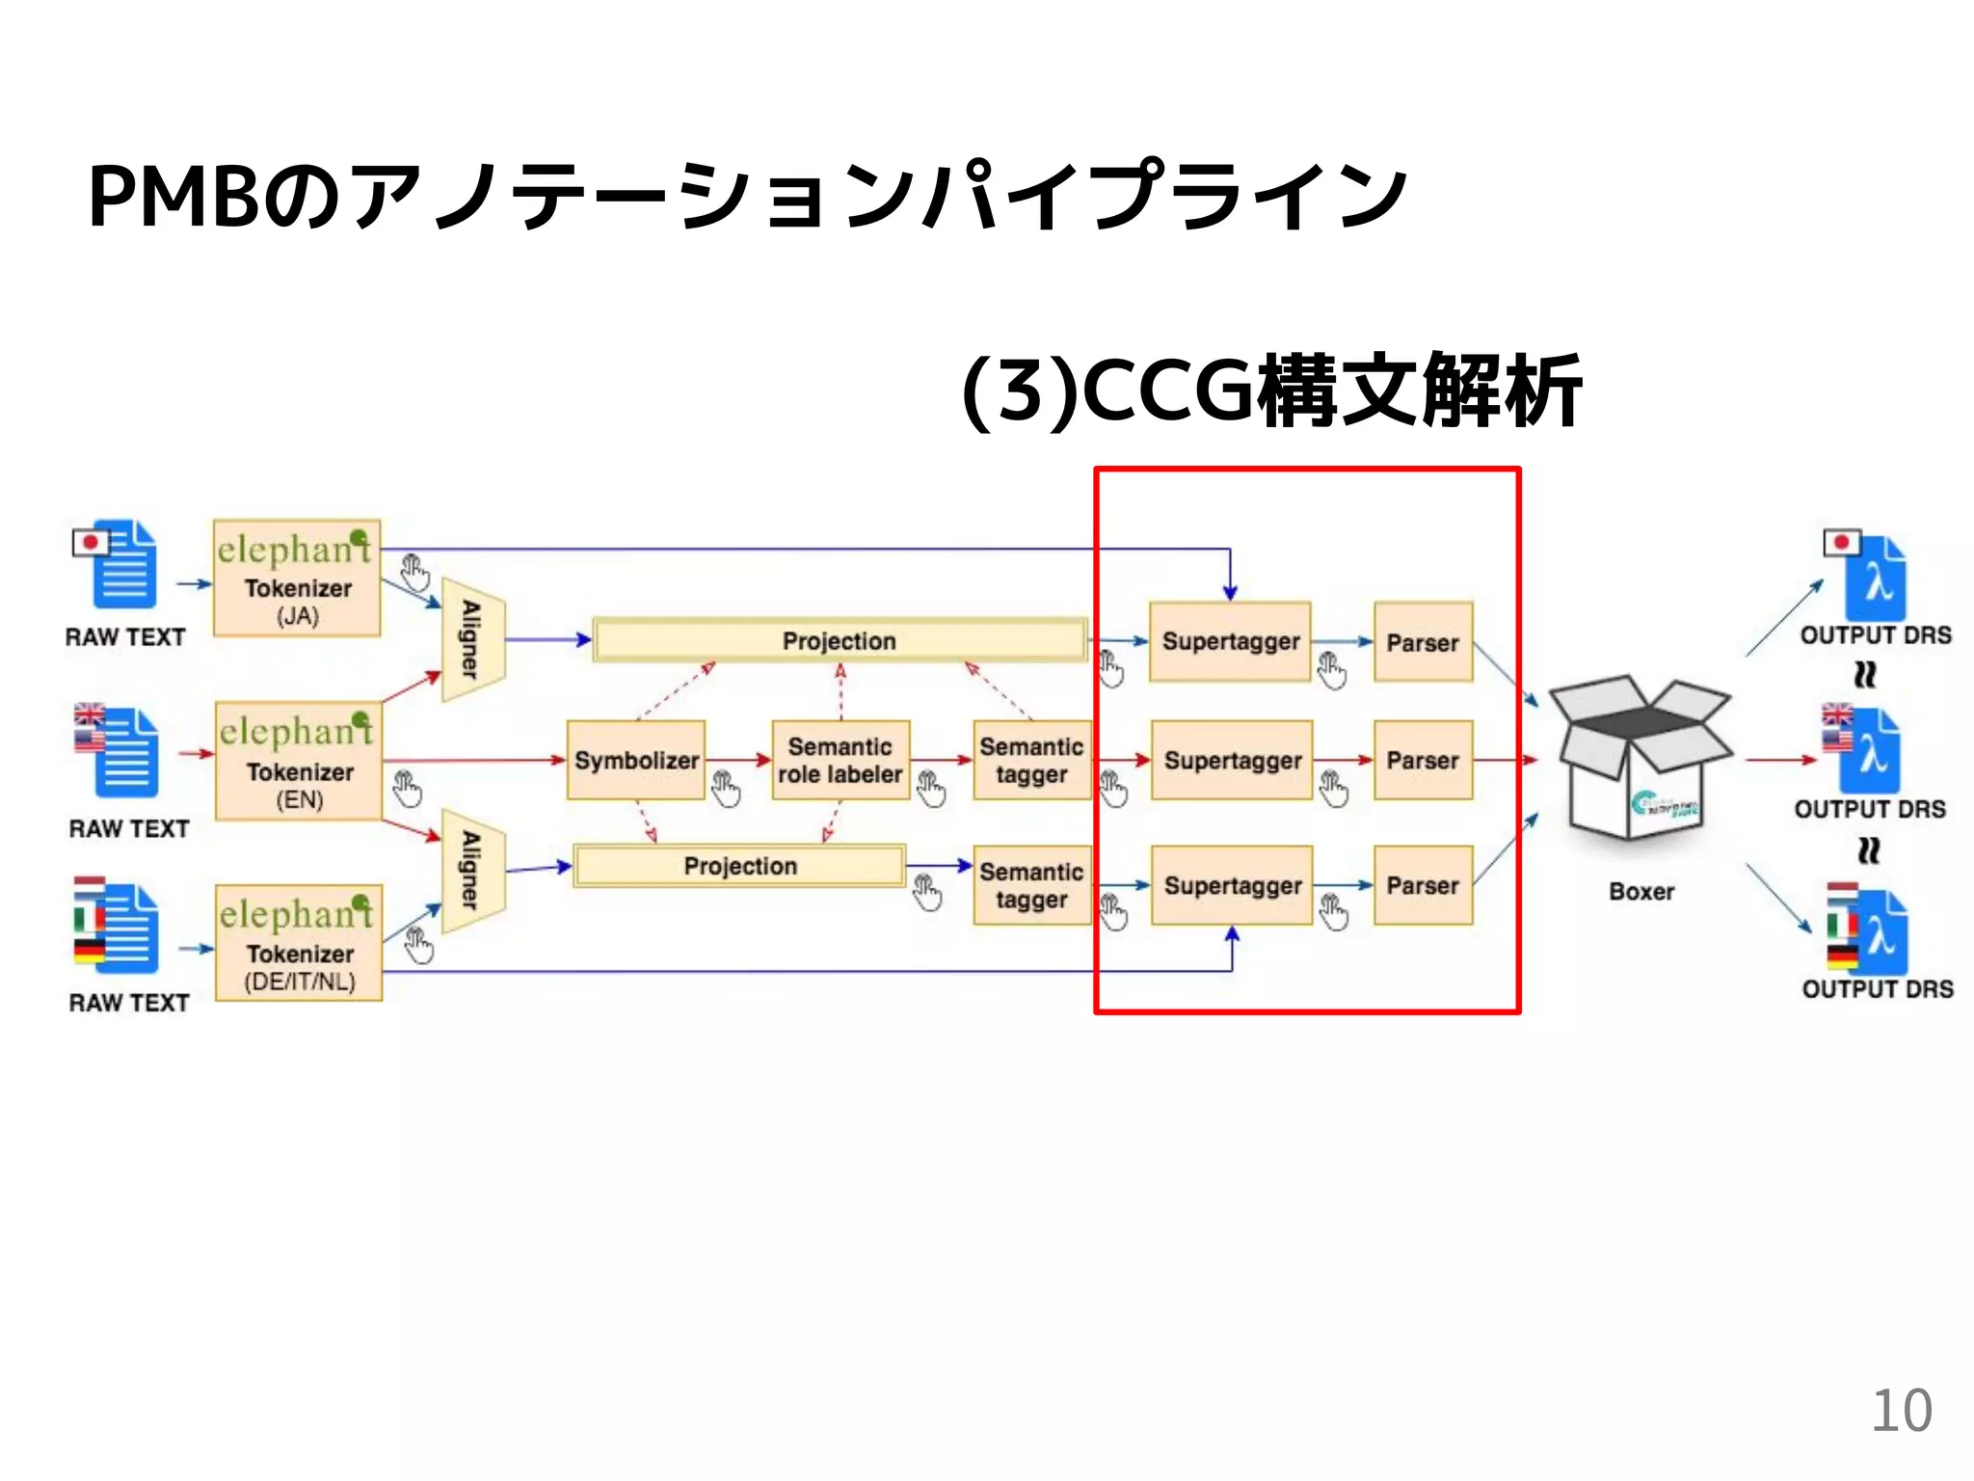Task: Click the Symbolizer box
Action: click(x=636, y=760)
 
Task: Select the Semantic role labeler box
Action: click(x=840, y=760)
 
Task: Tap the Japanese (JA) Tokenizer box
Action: click(x=297, y=579)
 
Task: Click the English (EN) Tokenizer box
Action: click(x=299, y=761)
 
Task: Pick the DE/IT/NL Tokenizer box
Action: click(x=299, y=943)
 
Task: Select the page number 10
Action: click(x=1901, y=1411)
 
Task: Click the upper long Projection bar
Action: click(x=840, y=640)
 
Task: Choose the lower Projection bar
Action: click(x=740, y=866)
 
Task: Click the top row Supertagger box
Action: click(x=1230, y=641)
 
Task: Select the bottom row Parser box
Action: click(x=1423, y=885)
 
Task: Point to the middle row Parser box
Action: click(x=1423, y=760)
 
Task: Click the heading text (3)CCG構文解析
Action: click(x=1271, y=390)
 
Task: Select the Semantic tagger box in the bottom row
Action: click(x=1031, y=885)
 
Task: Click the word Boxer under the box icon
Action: click(x=1641, y=892)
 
